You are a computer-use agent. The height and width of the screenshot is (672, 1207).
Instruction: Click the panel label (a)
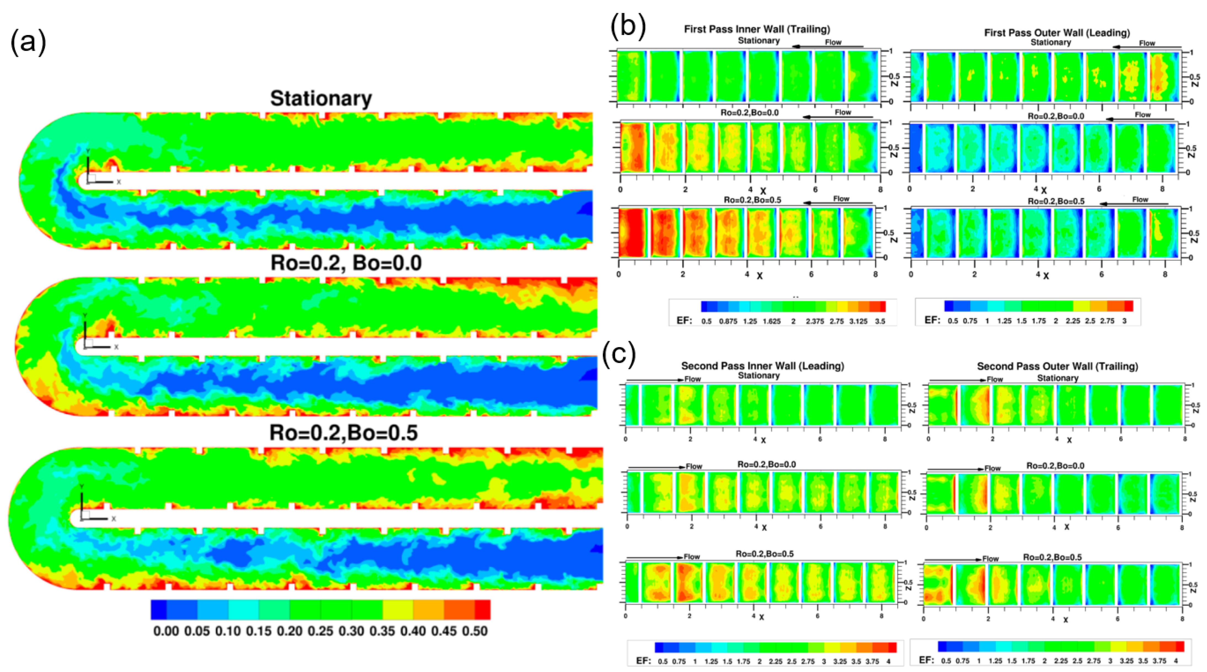(x=28, y=43)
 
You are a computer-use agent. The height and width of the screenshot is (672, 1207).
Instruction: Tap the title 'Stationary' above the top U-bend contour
(x=321, y=98)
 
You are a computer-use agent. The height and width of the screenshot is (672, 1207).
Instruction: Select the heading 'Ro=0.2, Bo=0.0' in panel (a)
(x=346, y=263)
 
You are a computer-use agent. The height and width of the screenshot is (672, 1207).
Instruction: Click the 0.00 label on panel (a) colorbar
(x=166, y=631)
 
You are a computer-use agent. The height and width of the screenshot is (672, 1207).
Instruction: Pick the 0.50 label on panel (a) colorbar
(x=475, y=631)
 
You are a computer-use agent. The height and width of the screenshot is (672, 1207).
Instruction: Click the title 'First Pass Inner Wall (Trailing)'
(x=757, y=29)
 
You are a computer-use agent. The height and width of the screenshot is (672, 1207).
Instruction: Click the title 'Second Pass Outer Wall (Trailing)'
(x=1057, y=366)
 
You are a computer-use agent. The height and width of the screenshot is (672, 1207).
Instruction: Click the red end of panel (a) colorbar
(x=483, y=610)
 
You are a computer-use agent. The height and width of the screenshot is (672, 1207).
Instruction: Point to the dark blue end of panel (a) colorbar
(x=158, y=610)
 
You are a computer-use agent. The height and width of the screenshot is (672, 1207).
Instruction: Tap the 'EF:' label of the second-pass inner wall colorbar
(x=643, y=661)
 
